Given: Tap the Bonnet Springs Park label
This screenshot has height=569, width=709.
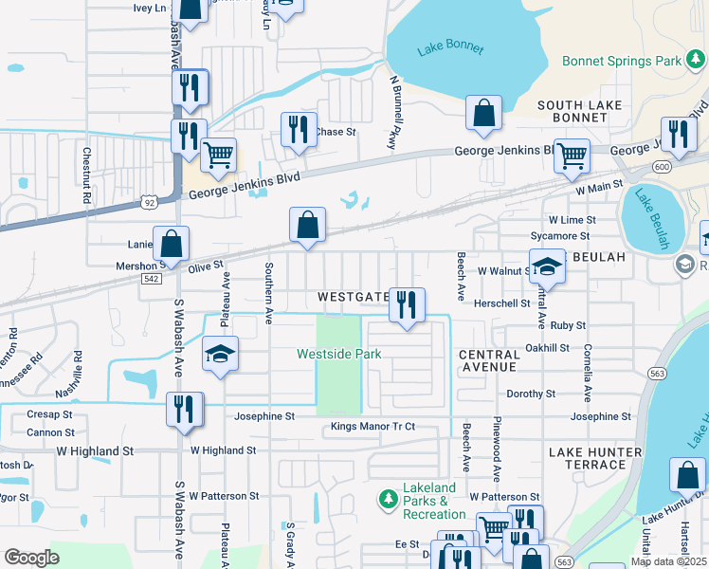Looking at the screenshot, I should tap(622, 61).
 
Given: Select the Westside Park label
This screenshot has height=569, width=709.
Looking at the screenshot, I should tap(338, 354).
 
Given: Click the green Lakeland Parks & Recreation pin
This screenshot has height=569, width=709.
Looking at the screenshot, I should tap(387, 498).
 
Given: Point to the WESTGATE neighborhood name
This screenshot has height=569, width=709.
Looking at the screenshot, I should tap(353, 297).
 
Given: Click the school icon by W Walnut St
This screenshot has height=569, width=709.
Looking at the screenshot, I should tap(546, 267).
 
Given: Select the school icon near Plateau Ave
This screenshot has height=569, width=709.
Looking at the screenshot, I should tap(220, 355).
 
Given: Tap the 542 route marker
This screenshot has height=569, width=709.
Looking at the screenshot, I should tap(152, 279).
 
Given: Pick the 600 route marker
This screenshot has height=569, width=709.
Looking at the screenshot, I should tap(660, 167).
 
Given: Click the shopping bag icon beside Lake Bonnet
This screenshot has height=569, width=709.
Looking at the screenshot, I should tap(483, 113).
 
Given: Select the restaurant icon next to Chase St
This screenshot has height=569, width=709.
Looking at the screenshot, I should tap(299, 129).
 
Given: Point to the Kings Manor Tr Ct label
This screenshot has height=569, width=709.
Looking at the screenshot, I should tap(373, 427).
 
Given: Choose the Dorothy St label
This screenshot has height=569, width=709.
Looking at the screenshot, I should tap(531, 394).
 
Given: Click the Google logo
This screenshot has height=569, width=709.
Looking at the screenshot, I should tap(31, 558).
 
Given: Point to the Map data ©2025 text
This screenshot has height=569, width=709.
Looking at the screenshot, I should tap(667, 561).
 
